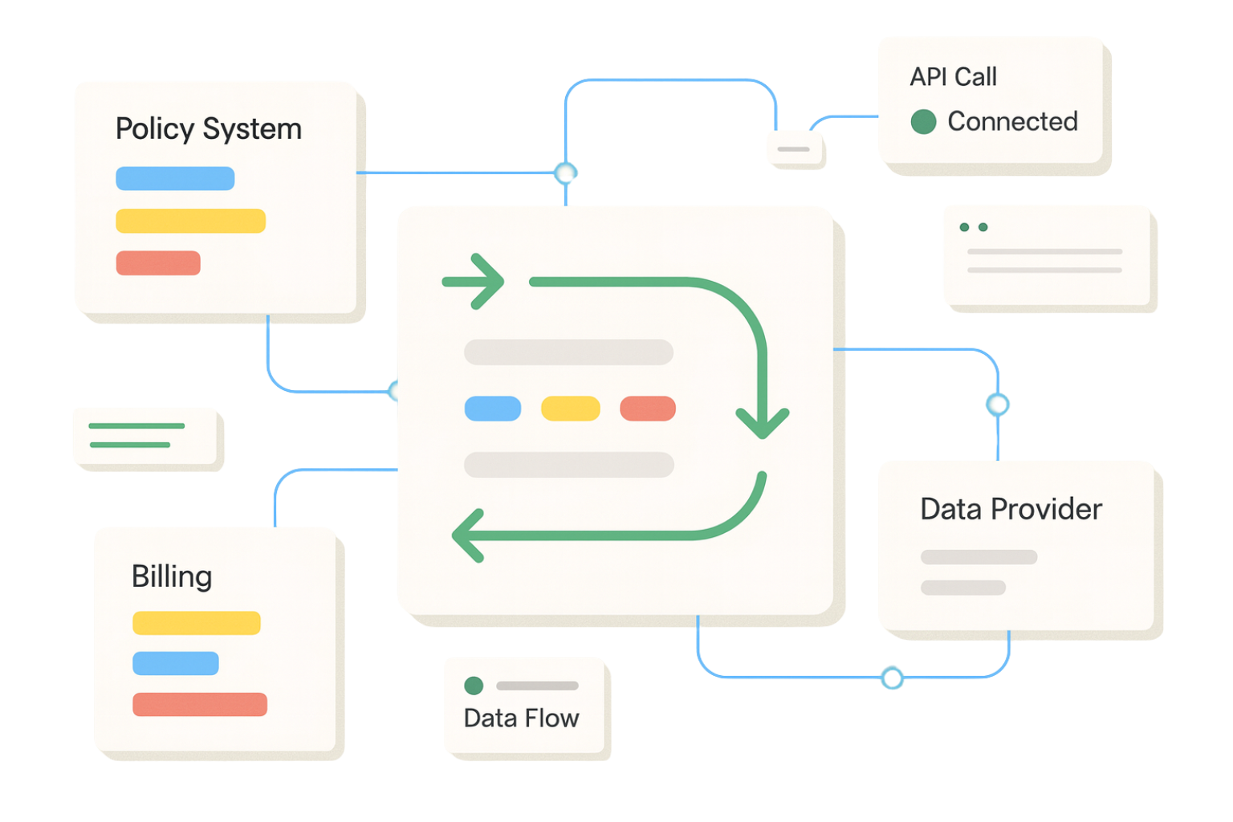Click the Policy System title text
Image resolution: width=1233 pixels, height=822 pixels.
208,129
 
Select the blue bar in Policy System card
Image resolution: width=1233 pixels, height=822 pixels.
175,178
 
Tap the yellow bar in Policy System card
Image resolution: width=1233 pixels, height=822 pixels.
190,221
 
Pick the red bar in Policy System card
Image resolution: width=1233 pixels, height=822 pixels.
158,263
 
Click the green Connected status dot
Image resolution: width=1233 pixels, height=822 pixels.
923,122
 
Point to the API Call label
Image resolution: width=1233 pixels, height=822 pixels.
953,77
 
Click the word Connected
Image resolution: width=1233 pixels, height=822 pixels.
1012,122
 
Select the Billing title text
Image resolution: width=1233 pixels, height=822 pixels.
172,576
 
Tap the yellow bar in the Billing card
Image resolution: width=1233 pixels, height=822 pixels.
196,623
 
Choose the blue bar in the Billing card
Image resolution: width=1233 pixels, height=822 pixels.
175,663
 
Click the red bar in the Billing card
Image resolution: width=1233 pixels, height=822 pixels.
199,704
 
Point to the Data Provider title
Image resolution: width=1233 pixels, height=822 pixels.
1011,509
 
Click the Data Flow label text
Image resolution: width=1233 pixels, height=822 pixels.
521,718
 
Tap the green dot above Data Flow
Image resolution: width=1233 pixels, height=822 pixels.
474,686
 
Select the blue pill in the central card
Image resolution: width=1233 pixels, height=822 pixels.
493,409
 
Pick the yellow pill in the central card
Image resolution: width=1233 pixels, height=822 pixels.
570,409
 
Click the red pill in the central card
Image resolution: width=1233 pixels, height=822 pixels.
648,409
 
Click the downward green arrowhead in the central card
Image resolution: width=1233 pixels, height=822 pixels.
763,424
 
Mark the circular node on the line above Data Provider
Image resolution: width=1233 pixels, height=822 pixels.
998,405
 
